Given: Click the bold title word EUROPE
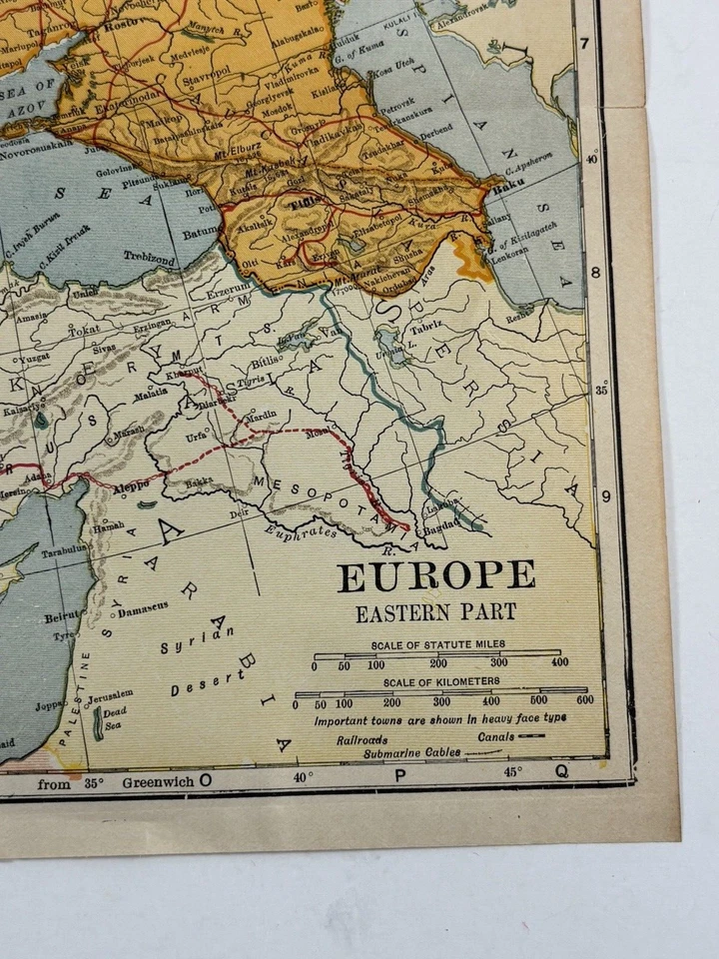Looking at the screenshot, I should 435,576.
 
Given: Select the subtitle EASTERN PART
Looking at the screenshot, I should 435,612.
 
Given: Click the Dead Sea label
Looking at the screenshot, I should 113,720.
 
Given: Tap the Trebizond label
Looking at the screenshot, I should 149,256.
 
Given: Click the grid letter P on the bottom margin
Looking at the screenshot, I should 399,775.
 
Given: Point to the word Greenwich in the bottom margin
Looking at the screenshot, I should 158,783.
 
